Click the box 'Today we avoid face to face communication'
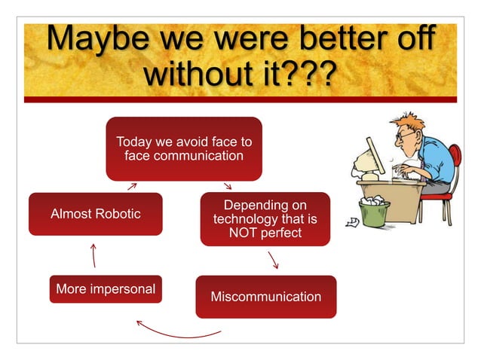[183, 148]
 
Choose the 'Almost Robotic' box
[95, 214]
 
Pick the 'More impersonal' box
[106, 289]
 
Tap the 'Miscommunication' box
[265, 297]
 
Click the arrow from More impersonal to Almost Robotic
[93, 255]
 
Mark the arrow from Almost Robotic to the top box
[132, 185]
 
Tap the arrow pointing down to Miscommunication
[274, 260]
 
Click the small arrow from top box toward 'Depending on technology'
[227, 185]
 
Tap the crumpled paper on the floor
[351, 221]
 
